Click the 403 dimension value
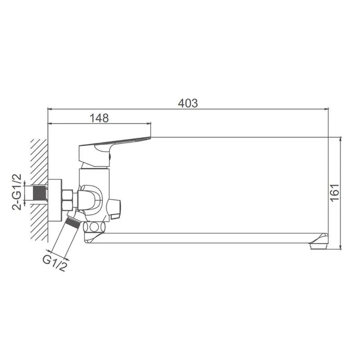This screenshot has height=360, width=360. coord(188,103)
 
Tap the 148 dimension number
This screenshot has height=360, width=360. coord(99,118)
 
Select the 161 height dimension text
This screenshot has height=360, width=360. coord(334,193)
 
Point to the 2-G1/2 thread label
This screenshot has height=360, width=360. coord(17,192)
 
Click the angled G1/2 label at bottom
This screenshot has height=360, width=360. coord(55,263)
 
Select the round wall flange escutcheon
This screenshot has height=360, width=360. coord(55,200)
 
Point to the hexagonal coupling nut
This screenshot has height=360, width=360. coord(68,200)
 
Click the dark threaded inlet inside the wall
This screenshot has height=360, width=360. coord(40,193)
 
